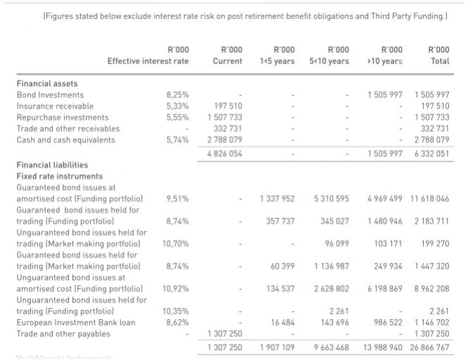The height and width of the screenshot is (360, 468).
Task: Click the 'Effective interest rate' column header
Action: coord(148,61)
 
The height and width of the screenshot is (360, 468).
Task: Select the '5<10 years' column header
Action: coord(329,61)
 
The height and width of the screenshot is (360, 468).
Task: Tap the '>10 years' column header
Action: coord(384,61)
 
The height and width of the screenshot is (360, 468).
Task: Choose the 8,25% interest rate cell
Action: coord(177,95)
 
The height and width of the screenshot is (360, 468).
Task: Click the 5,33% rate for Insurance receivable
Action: coord(177,106)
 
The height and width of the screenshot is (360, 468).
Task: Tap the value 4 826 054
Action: coord(224,154)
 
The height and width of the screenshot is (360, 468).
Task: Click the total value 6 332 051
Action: coord(431,154)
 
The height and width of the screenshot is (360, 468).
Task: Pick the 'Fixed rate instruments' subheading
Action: coord(59,176)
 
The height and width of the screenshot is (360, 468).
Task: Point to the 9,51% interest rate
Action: coord(177,199)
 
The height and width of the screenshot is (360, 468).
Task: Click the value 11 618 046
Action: coord(428,199)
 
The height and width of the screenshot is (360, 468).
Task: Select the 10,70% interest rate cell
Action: coord(176,244)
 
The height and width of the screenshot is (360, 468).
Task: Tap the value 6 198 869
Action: coord(384,289)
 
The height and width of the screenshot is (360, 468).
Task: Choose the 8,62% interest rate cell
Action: coord(177,322)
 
